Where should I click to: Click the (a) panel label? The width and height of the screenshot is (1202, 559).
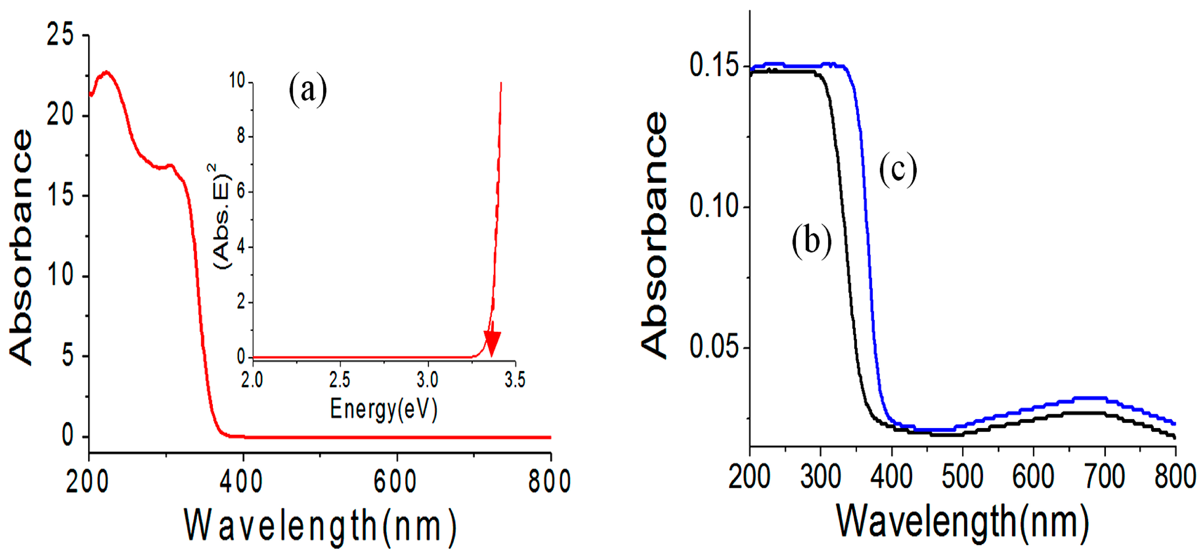[307, 89]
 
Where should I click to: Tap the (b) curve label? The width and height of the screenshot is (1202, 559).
[811, 241]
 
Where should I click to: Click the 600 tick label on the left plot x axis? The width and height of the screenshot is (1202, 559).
[395, 481]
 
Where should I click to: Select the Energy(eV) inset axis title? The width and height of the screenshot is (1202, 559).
[383, 409]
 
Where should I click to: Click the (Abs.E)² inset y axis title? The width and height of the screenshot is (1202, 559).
[221, 216]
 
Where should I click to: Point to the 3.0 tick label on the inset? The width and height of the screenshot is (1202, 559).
[427, 380]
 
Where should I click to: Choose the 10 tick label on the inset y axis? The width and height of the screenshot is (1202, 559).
[237, 81]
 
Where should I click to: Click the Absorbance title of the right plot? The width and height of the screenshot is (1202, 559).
[654, 236]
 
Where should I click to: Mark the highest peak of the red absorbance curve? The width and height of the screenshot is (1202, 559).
[107, 72]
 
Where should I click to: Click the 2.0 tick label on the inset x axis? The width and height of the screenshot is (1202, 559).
[252, 380]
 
